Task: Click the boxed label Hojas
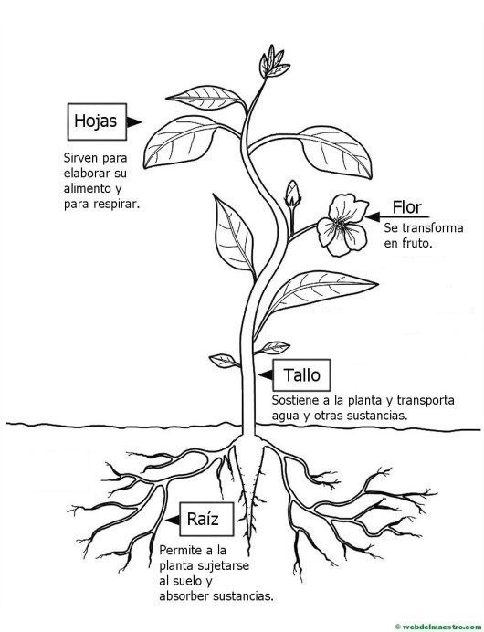tap(97, 121)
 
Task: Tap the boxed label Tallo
tap(301, 375)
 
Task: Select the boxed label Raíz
tap(206, 519)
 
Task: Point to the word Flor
tap(406, 207)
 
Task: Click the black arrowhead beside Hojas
tap(133, 121)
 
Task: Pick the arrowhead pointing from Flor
tap(373, 217)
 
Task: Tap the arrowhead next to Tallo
tap(266, 375)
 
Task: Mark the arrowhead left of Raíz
tap(173, 520)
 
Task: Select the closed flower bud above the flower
tap(292, 195)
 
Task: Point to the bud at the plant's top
tap(273, 62)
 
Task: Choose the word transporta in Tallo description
tap(426, 401)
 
